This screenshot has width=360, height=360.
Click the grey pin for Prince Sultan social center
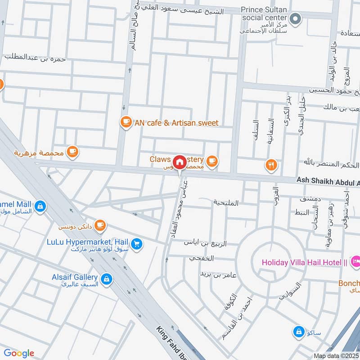tap(295, 18)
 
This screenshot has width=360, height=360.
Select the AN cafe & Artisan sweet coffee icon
tap(126, 122)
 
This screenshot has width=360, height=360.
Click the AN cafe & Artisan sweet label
tap(176, 123)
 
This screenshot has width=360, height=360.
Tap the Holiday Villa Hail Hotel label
tap(304, 261)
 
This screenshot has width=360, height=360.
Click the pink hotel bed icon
tap(355, 260)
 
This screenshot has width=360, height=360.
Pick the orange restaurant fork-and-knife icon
tap(270, 165)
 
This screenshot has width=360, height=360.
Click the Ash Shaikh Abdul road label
tap(328, 180)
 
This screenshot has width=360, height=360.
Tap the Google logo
tap(19, 353)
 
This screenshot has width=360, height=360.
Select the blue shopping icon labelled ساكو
tap(298, 333)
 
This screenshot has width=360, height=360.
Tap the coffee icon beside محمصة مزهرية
tap(72, 153)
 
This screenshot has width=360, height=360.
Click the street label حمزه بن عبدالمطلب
tap(36, 58)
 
